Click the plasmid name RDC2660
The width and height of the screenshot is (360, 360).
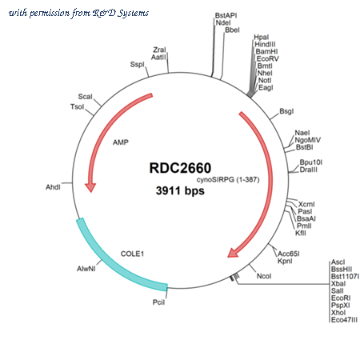click(x=180, y=168)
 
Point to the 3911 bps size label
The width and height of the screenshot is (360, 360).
click(x=180, y=190)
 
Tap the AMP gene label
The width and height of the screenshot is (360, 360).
click(x=121, y=142)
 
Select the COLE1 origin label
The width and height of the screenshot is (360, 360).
click(x=132, y=254)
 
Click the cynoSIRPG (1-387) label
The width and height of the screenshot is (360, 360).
click(x=228, y=180)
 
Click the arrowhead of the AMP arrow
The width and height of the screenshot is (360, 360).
click(x=90, y=187)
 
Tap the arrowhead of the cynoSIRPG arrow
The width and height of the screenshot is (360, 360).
click(x=233, y=253)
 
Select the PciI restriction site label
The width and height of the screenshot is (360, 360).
click(x=158, y=302)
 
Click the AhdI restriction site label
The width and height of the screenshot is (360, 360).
click(x=53, y=187)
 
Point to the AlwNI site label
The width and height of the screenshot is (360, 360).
click(x=86, y=269)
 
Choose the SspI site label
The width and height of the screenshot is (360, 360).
click(x=137, y=65)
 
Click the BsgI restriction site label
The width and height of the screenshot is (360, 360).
click(x=286, y=111)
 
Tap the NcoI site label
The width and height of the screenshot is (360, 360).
click(x=264, y=276)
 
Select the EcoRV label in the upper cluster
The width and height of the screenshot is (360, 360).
click(x=267, y=58)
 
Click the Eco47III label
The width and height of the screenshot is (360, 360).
click(x=344, y=320)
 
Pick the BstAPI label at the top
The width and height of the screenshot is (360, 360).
click(x=226, y=15)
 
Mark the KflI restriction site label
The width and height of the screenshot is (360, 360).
click(x=301, y=233)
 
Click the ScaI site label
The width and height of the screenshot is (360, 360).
click(x=85, y=97)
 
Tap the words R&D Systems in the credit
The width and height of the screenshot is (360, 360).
click(x=121, y=13)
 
